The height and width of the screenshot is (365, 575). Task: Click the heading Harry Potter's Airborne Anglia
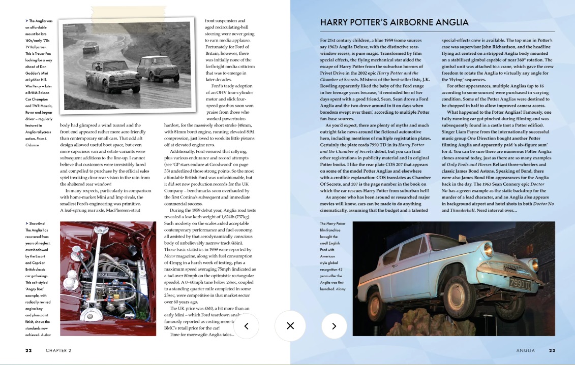394,23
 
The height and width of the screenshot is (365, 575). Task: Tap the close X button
290,326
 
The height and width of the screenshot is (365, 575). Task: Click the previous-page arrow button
246,326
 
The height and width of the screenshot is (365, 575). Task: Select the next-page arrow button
334,326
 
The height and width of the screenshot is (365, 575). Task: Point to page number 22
29,350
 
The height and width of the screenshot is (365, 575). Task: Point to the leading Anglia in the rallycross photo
106,75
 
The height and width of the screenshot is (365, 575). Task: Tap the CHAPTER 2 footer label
58,350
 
